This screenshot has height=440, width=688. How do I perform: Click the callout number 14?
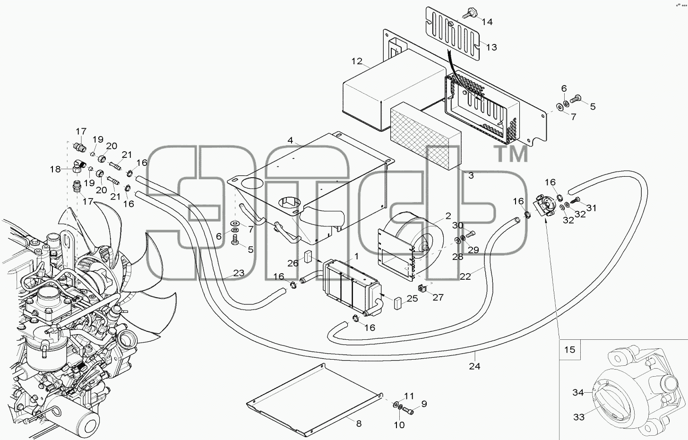(487, 22)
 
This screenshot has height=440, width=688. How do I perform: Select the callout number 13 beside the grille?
(491, 47)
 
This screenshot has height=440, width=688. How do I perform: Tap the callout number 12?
(357, 61)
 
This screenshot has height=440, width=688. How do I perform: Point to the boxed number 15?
(570, 350)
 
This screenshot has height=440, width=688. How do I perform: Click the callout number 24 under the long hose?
(474, 366)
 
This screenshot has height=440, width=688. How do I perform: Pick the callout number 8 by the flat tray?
(359, 424)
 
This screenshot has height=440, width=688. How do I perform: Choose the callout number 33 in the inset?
(579, 417)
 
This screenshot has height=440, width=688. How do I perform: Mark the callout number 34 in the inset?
(578, 392)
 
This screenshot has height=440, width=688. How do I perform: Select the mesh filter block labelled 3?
(426, 136)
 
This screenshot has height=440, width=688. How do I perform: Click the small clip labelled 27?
(421, 288)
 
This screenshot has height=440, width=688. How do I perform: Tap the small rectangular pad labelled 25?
(398, 303)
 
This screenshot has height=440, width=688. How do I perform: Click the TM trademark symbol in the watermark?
(510, 154)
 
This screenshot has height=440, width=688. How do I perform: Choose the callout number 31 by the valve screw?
(591, 208)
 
